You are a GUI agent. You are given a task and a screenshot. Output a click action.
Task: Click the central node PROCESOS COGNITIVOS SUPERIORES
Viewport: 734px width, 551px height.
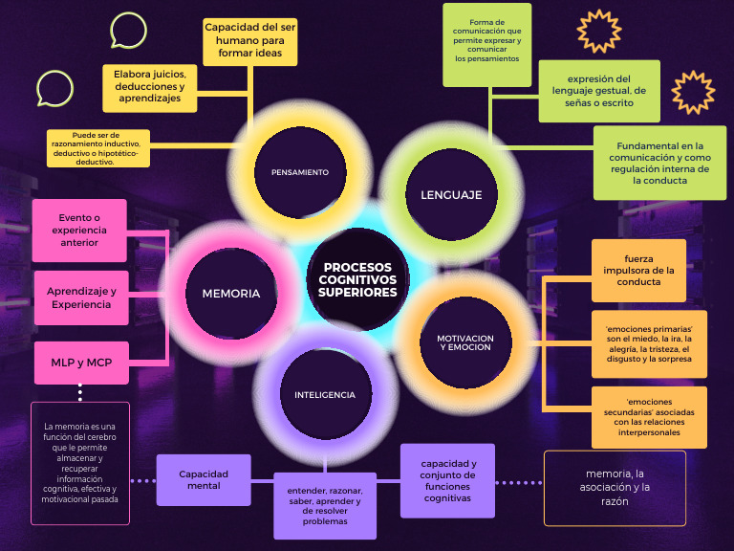[357, 279]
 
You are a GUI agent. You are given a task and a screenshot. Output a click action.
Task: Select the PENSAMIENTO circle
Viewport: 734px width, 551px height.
[299, 172]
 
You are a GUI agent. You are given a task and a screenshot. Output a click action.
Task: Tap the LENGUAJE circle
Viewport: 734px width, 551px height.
[451, 194]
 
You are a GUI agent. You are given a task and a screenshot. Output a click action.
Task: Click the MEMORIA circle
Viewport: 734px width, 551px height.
[230, 294]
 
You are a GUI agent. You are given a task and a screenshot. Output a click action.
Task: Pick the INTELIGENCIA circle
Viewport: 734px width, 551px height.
[324, 394]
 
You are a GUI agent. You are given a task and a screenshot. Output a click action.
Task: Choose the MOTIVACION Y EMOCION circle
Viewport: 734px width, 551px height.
[465, 342]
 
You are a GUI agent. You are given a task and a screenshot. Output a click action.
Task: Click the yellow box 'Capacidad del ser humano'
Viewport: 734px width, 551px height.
[250, 41]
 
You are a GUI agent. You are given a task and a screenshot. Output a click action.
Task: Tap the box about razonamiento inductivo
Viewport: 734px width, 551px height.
[98, 148]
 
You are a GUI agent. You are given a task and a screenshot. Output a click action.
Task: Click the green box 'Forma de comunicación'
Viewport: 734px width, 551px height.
[487, 44]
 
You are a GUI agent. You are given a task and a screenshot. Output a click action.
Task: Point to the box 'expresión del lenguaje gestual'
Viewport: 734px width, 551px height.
[599, 91]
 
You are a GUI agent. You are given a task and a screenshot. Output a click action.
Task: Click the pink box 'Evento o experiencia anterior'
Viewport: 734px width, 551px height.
[79, 230]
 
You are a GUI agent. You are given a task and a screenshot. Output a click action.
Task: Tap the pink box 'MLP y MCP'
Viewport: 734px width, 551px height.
[80, 363]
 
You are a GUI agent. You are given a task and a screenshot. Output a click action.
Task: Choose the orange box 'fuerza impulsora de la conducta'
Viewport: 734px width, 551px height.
[649, 270]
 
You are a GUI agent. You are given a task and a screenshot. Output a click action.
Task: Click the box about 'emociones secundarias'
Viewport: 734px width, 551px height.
[649, 417]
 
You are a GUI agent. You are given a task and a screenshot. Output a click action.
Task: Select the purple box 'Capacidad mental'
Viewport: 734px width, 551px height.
[204, 479]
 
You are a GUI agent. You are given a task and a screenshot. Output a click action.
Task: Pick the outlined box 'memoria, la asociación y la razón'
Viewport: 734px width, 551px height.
[615, 488]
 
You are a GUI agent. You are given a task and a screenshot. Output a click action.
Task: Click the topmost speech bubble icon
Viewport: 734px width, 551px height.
[128, 31]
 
